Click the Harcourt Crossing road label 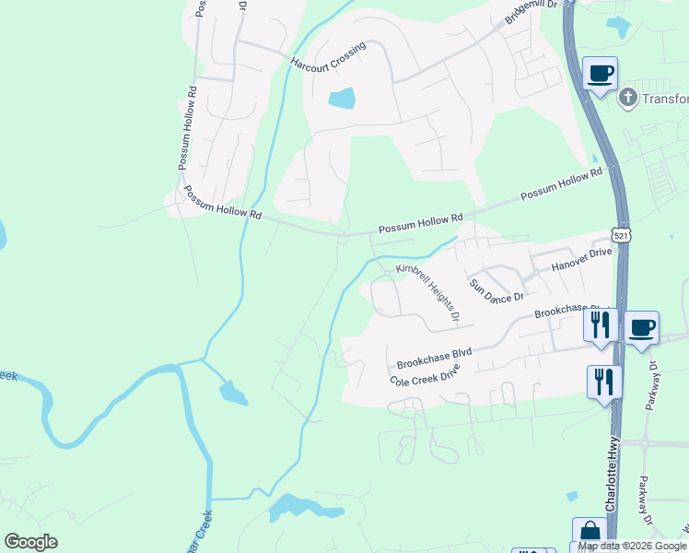click(329, 56)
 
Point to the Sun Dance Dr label click(496, 290)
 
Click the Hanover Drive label click(581, 260)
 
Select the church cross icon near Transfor click(627, 97)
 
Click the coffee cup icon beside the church click(601, 74)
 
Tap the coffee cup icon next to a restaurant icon click(641, 327)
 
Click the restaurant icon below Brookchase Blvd click(604, 381)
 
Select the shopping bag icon click(590, 534)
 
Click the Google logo click(30, 542)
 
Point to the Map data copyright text click(632, 546)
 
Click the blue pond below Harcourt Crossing click(341, 98)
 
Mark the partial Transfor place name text click(665, 100)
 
